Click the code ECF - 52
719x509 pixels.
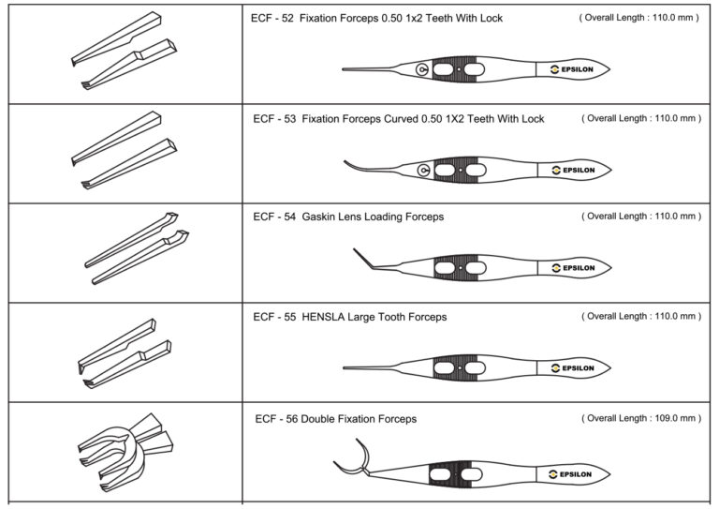pos(271,19)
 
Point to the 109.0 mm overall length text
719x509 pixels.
pos(672,418)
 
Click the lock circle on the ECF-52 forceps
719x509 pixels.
pos(422,69)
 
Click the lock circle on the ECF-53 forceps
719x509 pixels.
pos(424,171)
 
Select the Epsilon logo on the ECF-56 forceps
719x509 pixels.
pos(570,474)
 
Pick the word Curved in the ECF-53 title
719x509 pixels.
pos(401,119)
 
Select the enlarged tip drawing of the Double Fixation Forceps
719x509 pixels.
pos(125,453)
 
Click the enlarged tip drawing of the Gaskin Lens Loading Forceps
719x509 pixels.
pos(137,248)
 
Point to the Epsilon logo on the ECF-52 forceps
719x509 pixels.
pos(572,69)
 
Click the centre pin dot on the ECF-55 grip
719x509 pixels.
pos(460,367)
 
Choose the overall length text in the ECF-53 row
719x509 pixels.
pos(641,118)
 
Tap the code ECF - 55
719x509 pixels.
pos(274,317)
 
